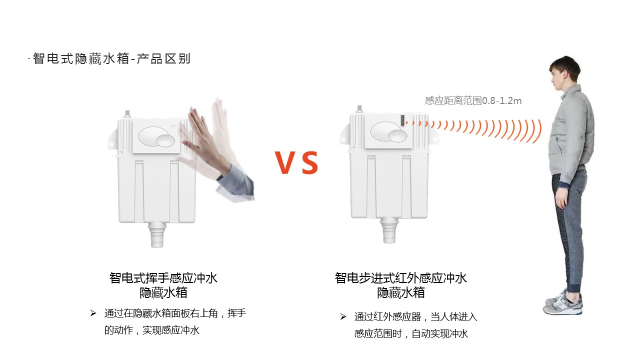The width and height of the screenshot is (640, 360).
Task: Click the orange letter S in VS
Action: click(310, 162)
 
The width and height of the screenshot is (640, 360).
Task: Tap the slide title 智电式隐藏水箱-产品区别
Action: click(111, 58)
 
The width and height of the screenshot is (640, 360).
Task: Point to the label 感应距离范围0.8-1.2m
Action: click(473, 100)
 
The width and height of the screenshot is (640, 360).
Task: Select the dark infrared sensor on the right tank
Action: click(402, 120)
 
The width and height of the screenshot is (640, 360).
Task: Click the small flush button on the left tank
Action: click(165, 140)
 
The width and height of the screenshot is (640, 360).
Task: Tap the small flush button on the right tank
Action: click(397, 135)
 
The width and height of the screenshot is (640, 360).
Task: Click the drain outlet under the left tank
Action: click(157, 235)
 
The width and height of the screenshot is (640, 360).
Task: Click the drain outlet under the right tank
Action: click(389, 230)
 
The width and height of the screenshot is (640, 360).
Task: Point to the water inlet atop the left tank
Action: click(127, 114)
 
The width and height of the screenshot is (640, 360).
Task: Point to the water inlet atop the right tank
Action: click(359, 109)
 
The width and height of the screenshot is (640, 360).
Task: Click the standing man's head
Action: click(564, 73)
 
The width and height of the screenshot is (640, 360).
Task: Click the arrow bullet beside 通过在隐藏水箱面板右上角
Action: click(93, 313)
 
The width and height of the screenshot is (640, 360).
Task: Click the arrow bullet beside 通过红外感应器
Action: click(343, 316)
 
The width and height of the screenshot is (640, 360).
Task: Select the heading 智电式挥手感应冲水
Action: click(163, 277)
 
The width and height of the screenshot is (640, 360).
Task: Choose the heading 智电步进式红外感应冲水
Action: click(401, 277)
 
